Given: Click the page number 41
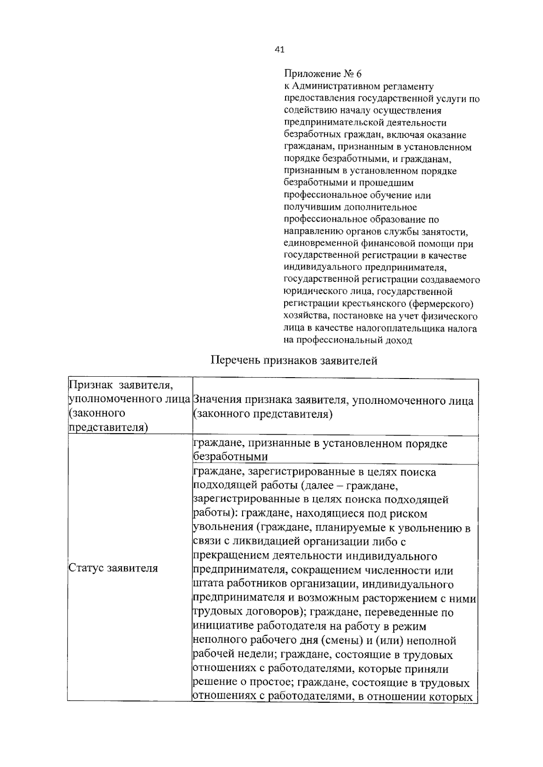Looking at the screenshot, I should pos(279,50).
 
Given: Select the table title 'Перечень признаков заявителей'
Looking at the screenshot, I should pos(294,360).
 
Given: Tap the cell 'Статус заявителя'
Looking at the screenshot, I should pos(113,568).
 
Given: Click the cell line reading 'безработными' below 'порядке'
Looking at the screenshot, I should pos(230,457).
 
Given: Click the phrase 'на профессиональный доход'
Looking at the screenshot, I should pos(348,341).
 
